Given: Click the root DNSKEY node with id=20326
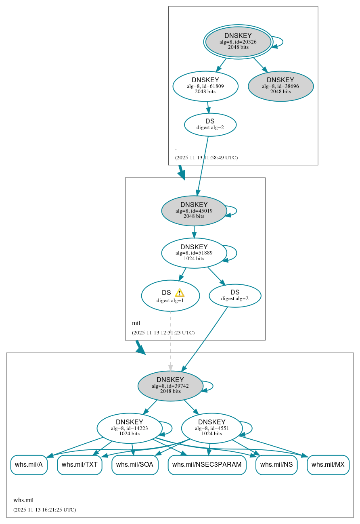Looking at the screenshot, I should coord(238,42).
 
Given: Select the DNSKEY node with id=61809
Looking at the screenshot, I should coord(205,86).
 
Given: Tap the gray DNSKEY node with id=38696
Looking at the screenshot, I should coord(280,86).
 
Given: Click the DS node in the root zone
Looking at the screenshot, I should coord(210,124).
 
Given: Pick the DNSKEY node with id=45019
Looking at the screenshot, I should coord(194,211).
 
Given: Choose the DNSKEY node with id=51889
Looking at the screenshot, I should coord(194,253).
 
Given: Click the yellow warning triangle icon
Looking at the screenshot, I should coord(180,293).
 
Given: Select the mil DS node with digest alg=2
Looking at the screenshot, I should coord(235,295).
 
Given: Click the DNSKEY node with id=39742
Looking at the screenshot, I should coord(170,386).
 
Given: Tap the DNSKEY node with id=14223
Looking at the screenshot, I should coord(129,428).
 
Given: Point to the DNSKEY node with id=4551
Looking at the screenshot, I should coord(211,428).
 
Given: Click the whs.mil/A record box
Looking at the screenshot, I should coord(29,465).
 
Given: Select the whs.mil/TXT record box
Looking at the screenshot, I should coord(80,465).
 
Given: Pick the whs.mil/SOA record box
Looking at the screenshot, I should coord(135,465).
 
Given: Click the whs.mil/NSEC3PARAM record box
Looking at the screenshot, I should coord(207,465).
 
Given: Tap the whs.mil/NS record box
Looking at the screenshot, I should coord(276,465).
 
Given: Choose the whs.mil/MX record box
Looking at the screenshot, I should coord(328,465).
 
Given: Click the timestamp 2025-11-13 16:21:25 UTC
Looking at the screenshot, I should coord(44,509).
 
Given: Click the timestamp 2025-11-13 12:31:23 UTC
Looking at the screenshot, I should coord(163,333).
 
